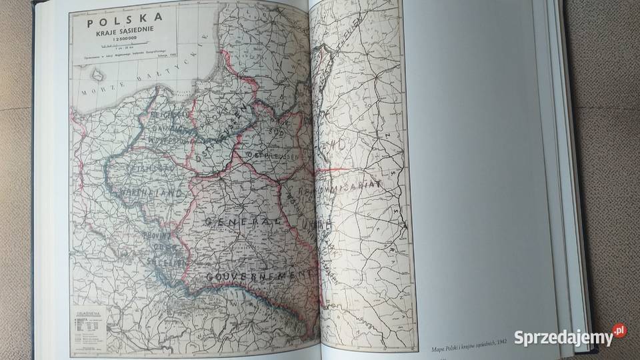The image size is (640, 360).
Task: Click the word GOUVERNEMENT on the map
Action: [257, 275]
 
